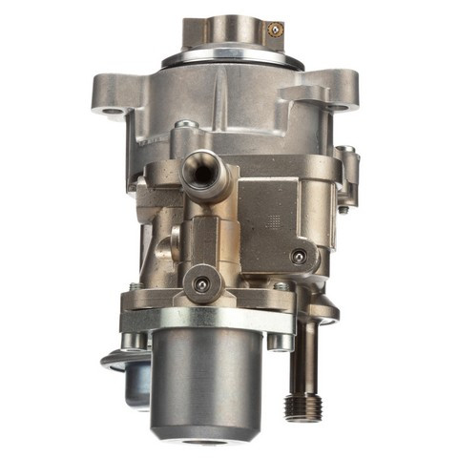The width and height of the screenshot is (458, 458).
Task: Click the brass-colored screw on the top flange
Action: pyautogui.click(x=275, y=30)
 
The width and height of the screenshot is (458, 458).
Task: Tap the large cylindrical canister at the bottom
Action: pyautogui.click(x=204, y=382)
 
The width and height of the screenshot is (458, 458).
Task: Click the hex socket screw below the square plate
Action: pyautogui.click(x=300, y=257)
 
